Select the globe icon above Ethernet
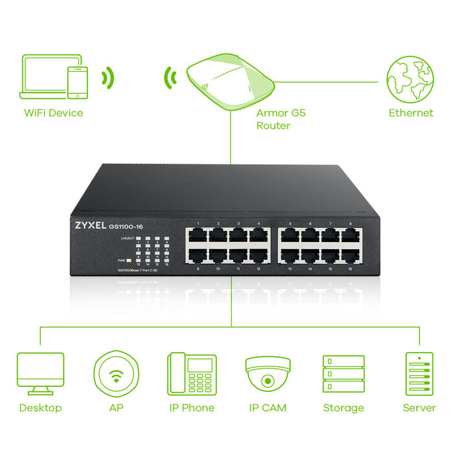[410, 78]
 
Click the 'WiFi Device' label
[54, 113]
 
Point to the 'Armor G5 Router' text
[280, 119]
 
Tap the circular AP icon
[116, 374]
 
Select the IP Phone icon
[192, 374]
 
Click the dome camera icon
[268, 371]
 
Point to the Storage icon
[343, 374]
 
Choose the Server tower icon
[419, 374]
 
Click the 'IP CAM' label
[268, 408]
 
